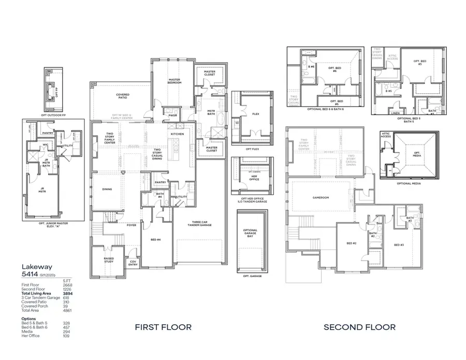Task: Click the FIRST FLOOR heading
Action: pyautogui.click(x=163, y=327)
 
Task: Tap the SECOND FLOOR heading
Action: pyautogui.click(x=359, y=327)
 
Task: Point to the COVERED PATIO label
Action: pyautogui.click(x=123, y=96)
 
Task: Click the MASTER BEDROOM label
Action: pyautogui.click(x=173, y=81)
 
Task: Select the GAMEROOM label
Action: pyautogui.click(x=321, y=197)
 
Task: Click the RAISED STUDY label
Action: pyautogui.click(x=108, y=260)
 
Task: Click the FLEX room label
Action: pyautogui.click(x=255, y=114)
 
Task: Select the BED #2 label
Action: pyautogui.click(x=350, y=243)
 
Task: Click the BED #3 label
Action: pyautogui.click(x=398, y=244)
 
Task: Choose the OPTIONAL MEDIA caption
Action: pyautogui.click(x=409, y=183)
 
